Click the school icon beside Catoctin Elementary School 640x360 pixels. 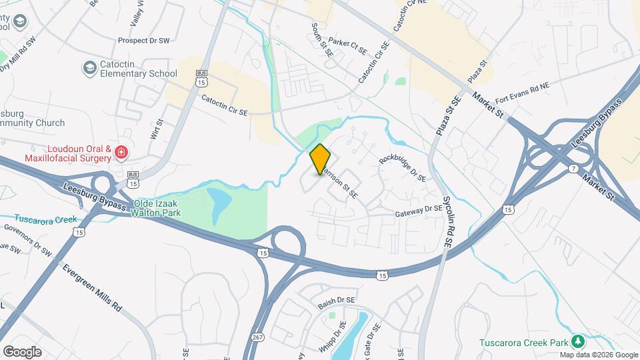89,68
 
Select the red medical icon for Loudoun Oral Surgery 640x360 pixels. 121,153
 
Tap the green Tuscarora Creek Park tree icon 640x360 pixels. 579,343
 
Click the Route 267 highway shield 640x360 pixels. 257,338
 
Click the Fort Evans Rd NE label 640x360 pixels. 522,93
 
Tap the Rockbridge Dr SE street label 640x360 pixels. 402,169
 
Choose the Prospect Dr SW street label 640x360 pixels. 145,41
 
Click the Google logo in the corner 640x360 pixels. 22,351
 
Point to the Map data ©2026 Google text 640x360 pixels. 599,355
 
